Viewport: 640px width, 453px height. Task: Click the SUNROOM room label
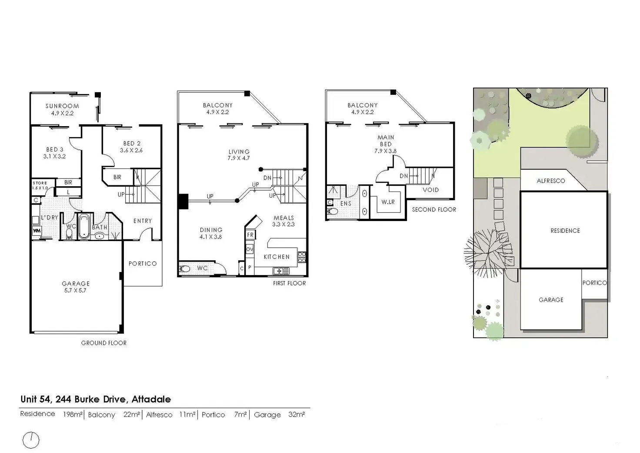(x=62, y=106)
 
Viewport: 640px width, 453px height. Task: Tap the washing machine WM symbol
(x=37, y=231)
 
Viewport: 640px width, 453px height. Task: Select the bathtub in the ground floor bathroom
(x=84, y=226)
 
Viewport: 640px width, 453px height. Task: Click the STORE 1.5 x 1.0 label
(x=40, y=185)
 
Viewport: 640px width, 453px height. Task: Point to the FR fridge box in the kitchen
(x=250, y=235)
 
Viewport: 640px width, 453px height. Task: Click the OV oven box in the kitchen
(x=250, y=249)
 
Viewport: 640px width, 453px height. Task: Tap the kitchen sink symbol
(x=281, y=271)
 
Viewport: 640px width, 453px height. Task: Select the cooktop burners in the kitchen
(x=302, y=257)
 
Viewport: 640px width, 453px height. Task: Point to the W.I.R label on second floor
(x=388, y=202)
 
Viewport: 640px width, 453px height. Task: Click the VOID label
(x=430, y=190)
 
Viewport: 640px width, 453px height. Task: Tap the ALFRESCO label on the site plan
(x=550, y=181)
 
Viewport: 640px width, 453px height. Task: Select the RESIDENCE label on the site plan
(x=565, y=231)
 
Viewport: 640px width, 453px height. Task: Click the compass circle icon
(x=31, y=440)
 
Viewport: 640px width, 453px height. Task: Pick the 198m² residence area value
(x=73, y=414)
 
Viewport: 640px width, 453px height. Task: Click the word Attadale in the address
(x=151, y=399)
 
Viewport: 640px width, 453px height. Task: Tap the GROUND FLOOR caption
(x=104, y=343)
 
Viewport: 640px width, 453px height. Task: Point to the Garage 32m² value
(x=296, y=414)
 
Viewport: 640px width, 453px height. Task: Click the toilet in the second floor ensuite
(x=333, y=211)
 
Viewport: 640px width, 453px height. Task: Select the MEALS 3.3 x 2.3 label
(x=283, y=221)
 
